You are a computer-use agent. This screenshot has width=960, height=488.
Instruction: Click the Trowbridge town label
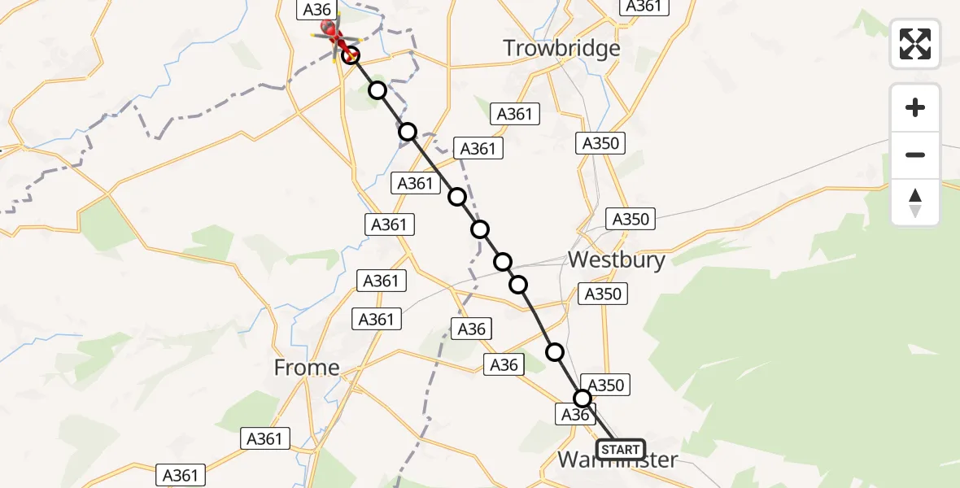click(x=561, y=48)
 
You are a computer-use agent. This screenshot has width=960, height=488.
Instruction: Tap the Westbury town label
click(x=616, y=260)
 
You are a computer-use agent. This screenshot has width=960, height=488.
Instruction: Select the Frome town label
click(x=306, y=368)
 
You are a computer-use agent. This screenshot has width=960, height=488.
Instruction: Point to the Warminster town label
click(x=617, y=460)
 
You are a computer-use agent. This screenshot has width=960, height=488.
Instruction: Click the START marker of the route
click(x=621, y=449)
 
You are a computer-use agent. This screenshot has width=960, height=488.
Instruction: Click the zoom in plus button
click(x=915, y=107)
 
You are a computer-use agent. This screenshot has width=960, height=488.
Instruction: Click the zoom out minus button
click(x=915, y=155)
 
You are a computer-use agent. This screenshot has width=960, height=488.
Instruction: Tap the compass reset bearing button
click(x=915, y=203)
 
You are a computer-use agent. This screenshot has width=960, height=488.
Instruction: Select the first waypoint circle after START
click(x=583, y=399)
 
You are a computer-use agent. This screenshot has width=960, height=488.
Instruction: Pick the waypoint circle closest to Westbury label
click(x=518, y=284)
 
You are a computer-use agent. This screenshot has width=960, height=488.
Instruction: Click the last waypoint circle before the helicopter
click(x=351, y=55)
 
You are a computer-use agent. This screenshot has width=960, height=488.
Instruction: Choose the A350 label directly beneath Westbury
click(x=603, y=294)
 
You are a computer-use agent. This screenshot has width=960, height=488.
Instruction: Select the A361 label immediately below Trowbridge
click(x=514, y=115)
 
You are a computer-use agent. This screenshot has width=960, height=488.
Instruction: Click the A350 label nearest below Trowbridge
click(x=601, y=144)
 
